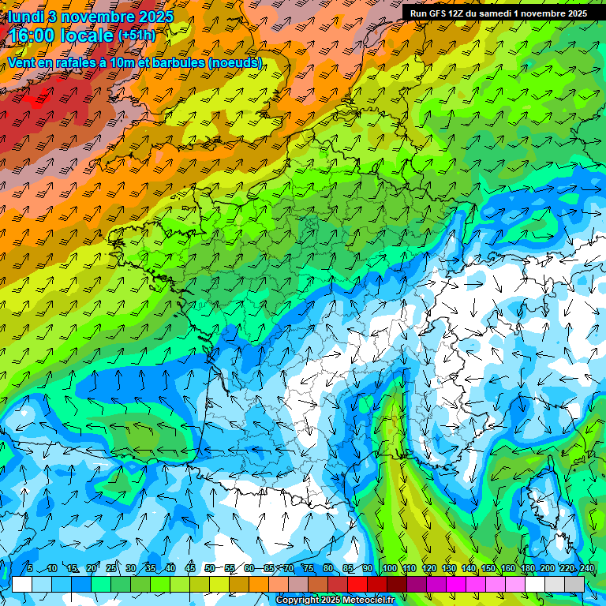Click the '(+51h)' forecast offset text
137,36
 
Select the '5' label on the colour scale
30,569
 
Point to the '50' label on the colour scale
210,569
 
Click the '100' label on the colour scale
389,569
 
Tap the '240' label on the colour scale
586,569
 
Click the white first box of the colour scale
22,584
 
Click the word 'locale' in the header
86,36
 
